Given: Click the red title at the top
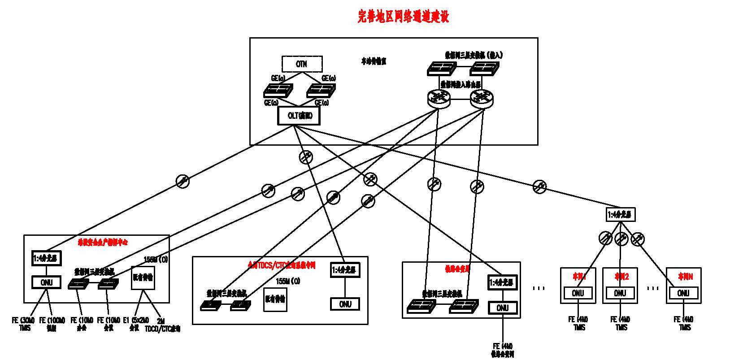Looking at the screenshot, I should pos(403,17).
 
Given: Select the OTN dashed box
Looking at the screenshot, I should pos(302,64).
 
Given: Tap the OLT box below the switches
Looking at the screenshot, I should pos(299,116).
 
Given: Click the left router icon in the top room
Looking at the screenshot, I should pos(439,98).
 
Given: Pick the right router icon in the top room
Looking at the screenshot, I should pos(482,98).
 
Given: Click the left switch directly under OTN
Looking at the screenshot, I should pos(278,91).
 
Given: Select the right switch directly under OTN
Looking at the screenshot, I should pos(321,91).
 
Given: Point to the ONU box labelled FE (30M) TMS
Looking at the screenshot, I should pos(46,282).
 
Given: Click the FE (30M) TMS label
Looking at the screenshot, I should pos(24,324).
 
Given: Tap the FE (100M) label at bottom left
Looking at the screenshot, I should pos(52,324).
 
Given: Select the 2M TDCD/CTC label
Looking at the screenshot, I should pos(162,325).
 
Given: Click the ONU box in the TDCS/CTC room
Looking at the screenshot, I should pos(345,304).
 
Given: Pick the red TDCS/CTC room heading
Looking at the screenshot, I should pos(282,265).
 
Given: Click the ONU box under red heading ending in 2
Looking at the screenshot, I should pos(620,293).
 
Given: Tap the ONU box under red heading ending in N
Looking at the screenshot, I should pos(683,293).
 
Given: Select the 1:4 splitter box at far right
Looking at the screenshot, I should pos(620,215).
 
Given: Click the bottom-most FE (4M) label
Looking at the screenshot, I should pos(502,350).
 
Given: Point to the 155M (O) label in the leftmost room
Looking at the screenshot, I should pos(156,260).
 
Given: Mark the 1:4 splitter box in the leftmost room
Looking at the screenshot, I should pos(46,258).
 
